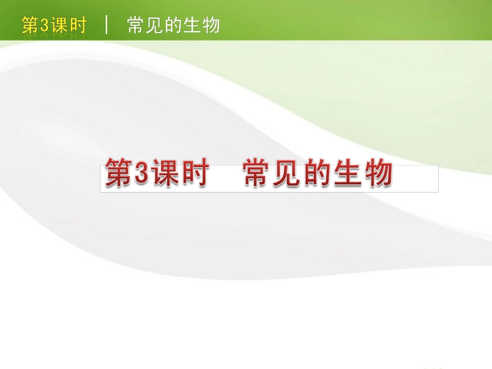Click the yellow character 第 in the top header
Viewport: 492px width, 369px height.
30,25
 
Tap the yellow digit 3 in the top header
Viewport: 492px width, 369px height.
44,25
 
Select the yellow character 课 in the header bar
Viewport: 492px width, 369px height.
59,25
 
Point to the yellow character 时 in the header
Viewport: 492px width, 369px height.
77,25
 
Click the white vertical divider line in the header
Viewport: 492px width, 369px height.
107,25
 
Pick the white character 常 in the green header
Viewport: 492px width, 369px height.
136,25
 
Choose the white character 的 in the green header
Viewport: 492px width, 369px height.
173,25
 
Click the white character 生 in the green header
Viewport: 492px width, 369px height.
192,25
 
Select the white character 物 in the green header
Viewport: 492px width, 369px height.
211,25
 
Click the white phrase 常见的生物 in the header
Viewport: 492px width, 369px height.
173,25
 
